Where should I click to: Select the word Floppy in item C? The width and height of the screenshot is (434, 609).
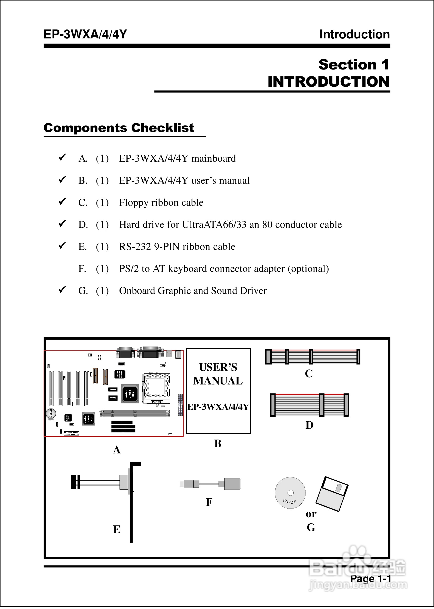(x=134, y=203)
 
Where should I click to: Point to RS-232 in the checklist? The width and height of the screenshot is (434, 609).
(x=135, y=247)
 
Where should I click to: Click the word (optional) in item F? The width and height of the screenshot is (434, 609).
(x=308, y=269)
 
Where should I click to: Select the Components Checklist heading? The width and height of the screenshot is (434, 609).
(x=119, y=128)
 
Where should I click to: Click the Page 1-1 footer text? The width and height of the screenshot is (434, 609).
(x=370, y=578)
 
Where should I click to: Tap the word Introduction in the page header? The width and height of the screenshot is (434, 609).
(x=354, y=34)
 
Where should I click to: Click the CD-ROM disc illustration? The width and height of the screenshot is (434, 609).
(x=290, y=493)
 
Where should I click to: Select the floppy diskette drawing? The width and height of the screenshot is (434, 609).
(x=332, y=494)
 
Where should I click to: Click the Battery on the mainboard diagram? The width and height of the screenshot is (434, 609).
(x=51, y=414)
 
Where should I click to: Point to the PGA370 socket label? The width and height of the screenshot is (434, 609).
(x=157, y=402)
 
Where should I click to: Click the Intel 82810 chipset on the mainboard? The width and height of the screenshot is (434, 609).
(x=130, y=393)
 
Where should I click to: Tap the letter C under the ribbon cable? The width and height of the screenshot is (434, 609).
(x=309, y=373)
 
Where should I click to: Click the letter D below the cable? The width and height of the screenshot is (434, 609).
(x=309, y=425)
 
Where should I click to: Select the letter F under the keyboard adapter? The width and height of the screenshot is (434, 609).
(x=209, y=502)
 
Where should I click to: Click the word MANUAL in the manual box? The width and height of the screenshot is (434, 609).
(x=218, y=381)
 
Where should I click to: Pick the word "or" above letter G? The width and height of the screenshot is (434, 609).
(x=311, y=514)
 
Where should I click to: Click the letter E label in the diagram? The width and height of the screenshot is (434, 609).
(x=117, y=529)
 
